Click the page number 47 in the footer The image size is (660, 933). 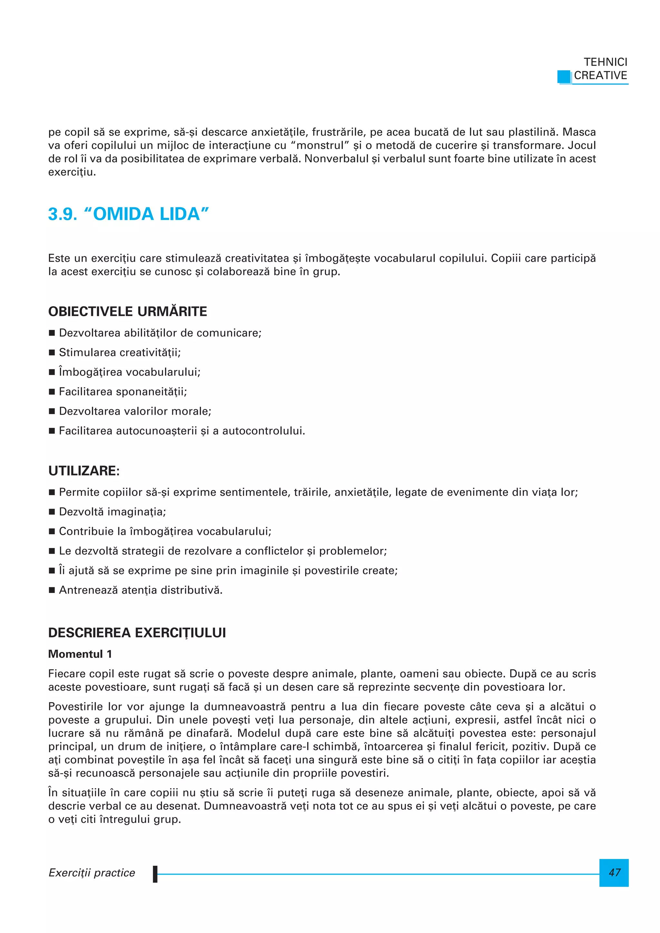click(x=614, y=872)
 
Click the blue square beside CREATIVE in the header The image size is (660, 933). click(x=564, y=76)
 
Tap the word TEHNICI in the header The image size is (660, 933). click(x=605, y=62)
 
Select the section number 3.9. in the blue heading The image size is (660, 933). click(x=63, y=214)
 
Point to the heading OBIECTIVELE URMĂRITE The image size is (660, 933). click(x=127, y=311)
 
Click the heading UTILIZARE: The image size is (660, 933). click(x=84, y=471)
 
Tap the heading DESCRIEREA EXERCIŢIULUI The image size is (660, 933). click(x=137, y=633)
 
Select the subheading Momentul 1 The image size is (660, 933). click(x=80, y=654)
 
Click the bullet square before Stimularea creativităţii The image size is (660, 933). click(x=52, y=353)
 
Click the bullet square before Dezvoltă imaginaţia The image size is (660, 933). click(x=52, y=512)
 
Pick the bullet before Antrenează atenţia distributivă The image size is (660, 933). click(x=52, y=590)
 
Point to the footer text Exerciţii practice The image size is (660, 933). click(x=92, y=872)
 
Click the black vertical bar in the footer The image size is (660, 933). click(x=155, y=874)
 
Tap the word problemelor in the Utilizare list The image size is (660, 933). click(x=353, y=551)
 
